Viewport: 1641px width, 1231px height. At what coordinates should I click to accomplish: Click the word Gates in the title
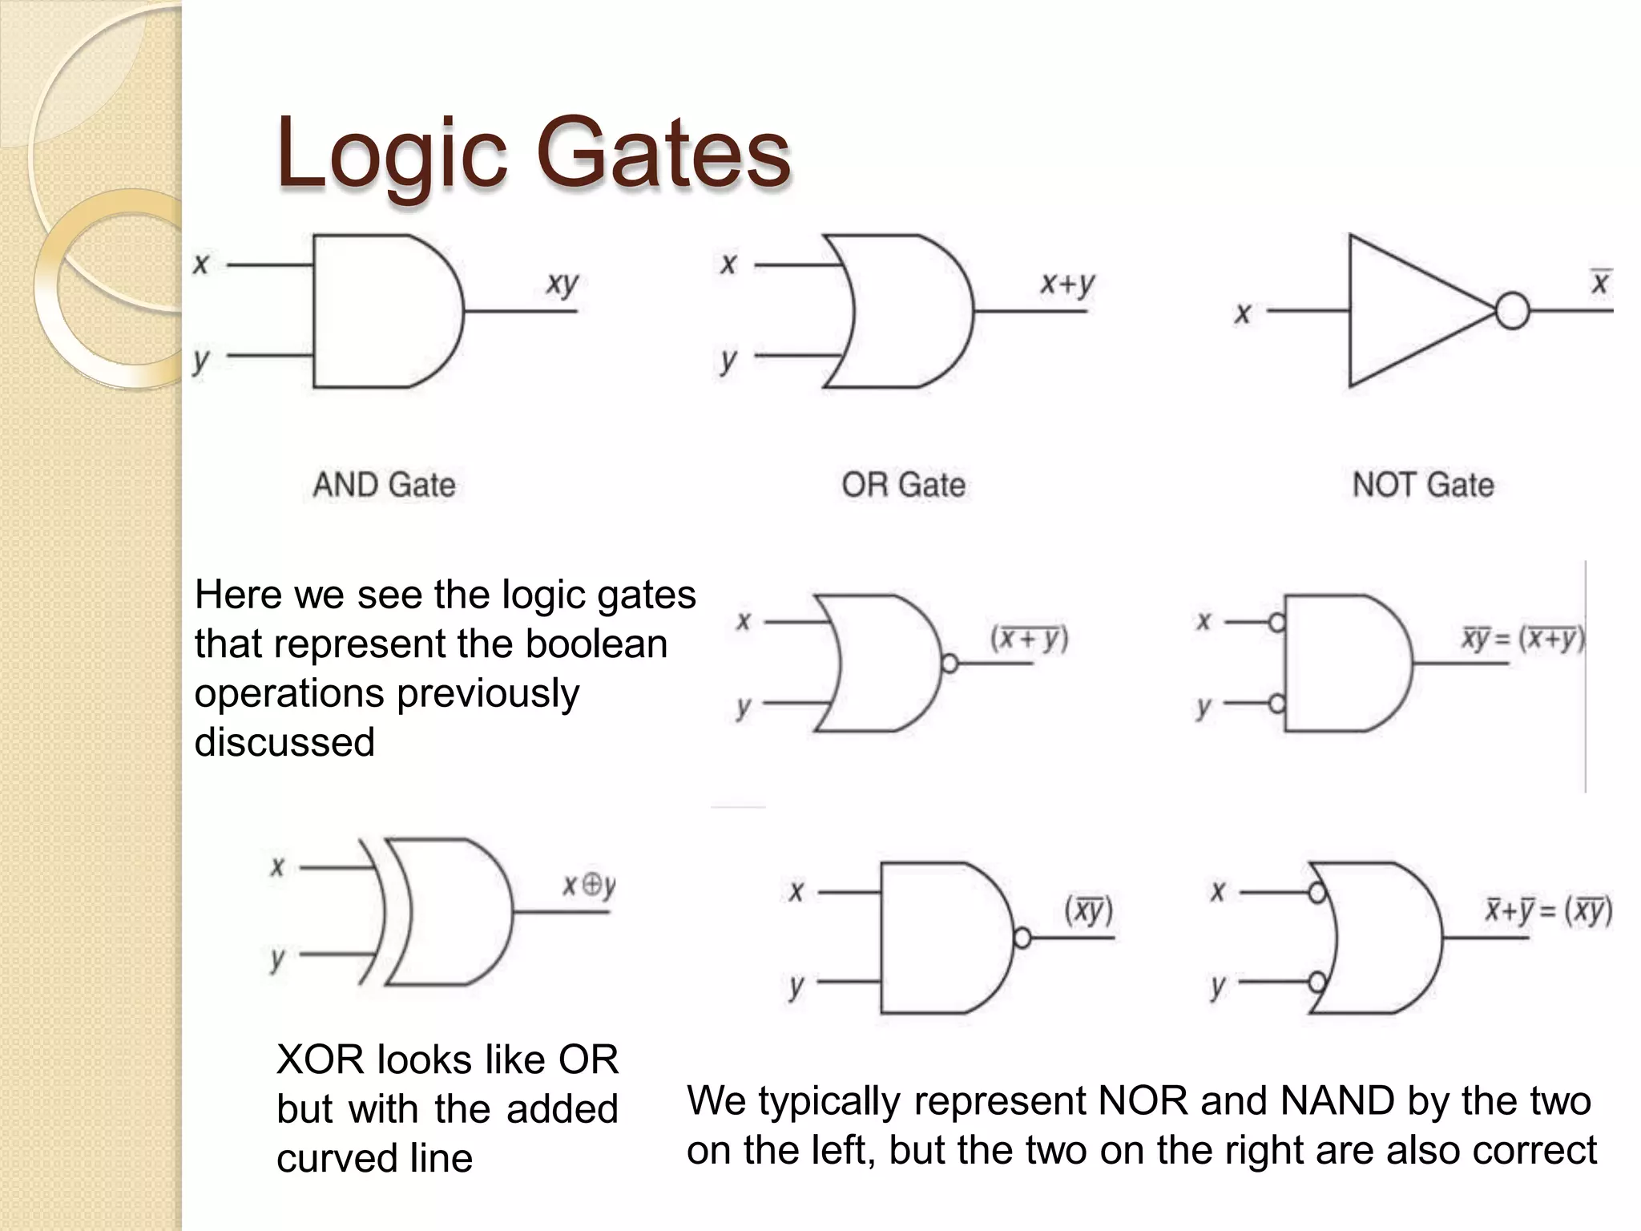[x=663, y=152]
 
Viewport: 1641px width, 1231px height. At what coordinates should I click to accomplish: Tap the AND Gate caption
[x=384, y=485]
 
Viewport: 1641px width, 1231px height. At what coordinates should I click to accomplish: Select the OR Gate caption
[x=903, y=485]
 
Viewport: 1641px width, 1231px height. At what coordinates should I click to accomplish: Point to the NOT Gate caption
[x=1423, y=485]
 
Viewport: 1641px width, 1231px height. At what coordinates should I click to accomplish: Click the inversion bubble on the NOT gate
[x=1512, y=311]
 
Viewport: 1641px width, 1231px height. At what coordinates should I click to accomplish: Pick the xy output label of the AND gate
[x=562, y=284]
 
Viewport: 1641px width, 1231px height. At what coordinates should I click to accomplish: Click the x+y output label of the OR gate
[x=1066, y=284]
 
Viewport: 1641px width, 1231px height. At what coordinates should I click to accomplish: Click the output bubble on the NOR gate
[x=950, y=664]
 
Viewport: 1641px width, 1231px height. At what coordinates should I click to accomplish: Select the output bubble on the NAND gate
[x=1022, y=937]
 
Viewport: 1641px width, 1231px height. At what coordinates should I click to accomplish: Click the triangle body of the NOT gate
[x=1402, y=311]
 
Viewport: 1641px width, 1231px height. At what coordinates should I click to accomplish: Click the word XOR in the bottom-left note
[x=320, y=1059]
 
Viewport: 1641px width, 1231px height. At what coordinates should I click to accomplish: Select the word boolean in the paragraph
[x=596, y=644]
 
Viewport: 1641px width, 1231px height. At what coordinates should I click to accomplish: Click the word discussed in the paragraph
[x=284, y=742]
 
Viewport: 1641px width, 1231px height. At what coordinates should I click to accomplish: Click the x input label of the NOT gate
[x=1242, y=313]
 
